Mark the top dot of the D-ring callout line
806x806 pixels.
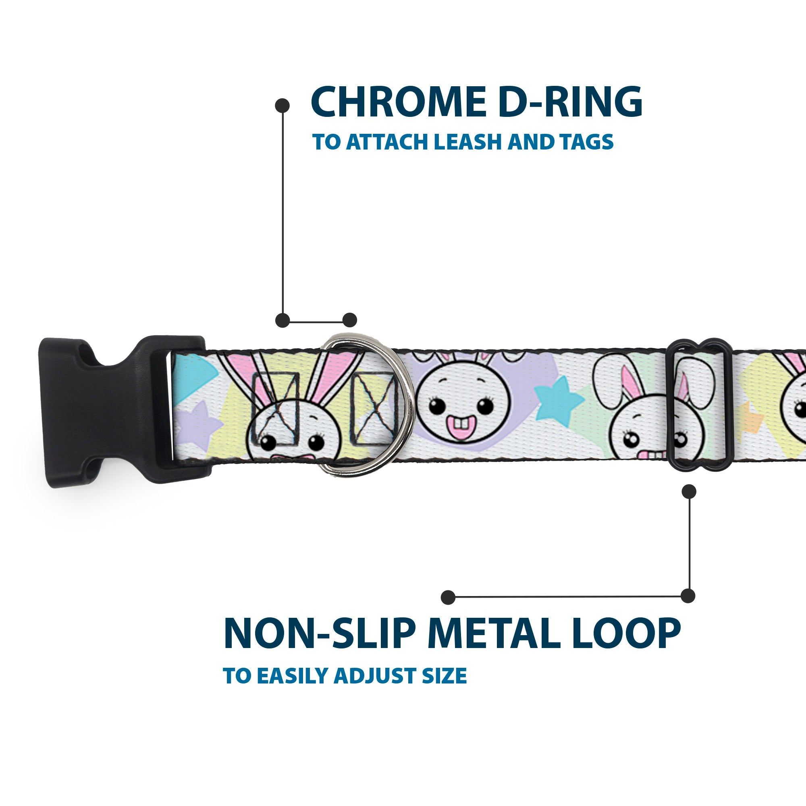[x=283, y=105]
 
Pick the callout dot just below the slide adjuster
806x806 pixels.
[x=689, y=491]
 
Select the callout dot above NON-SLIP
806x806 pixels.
[x=448, y=597]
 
